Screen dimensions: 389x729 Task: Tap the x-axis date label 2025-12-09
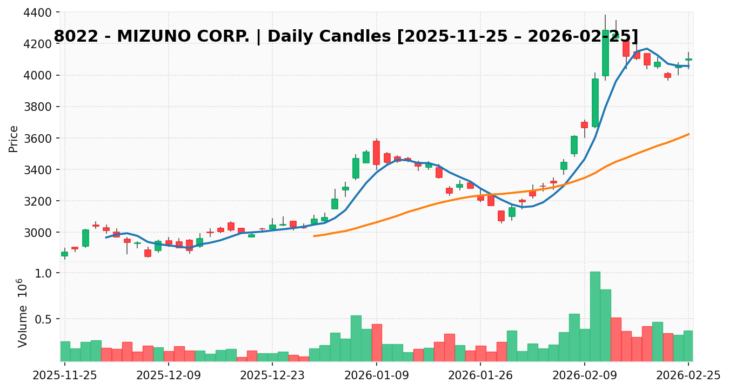[x=169, y=374]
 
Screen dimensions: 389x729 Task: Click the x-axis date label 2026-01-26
[x=480, y=374]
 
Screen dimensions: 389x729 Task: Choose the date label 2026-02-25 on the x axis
[x=688, y=374]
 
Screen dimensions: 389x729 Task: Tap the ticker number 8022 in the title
[x=73, y=37]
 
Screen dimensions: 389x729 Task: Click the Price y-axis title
[x=14, y=139]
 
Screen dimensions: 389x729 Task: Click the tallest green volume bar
[x=595, y=317]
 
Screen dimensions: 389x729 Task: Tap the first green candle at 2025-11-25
[x=65, y=254]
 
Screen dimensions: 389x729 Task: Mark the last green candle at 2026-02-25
[x=688, y=60]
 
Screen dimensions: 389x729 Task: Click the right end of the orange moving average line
[x=688, y=134]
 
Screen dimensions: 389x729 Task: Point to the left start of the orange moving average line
[x=314, y=236]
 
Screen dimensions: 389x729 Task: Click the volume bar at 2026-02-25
[x=688, y=346]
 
